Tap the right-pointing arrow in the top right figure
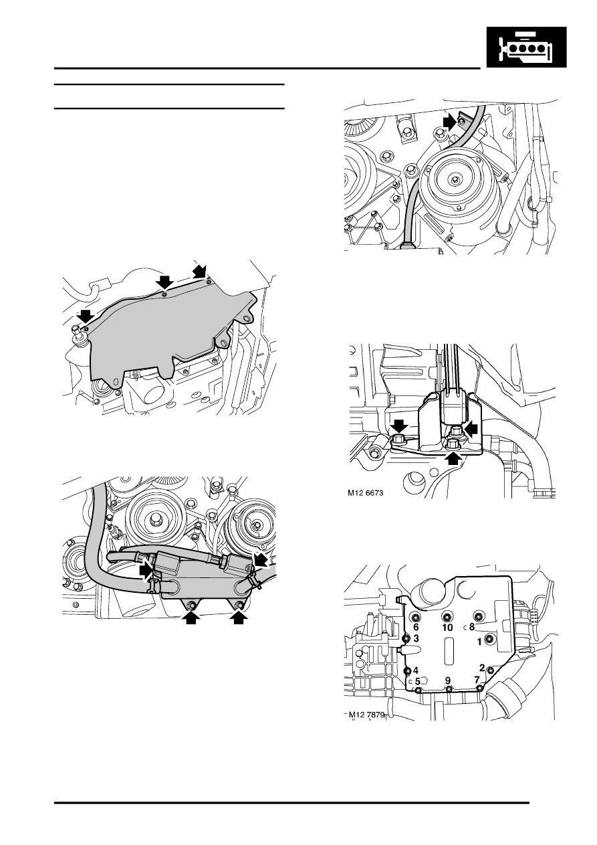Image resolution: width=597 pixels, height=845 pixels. pos(450,122)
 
